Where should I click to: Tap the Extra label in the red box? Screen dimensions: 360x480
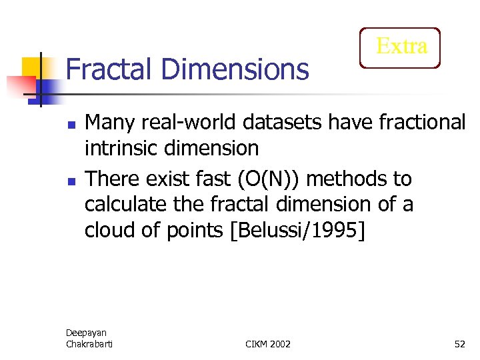point(401,47)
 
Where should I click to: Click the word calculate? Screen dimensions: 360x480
point(127,204)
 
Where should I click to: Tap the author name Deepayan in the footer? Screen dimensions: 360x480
point(86,332)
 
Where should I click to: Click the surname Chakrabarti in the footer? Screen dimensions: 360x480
point(90,343)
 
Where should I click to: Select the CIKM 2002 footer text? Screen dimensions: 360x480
point(268,343)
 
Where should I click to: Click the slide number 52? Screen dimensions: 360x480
point(459,343)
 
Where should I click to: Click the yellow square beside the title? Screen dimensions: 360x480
point(31,67)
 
